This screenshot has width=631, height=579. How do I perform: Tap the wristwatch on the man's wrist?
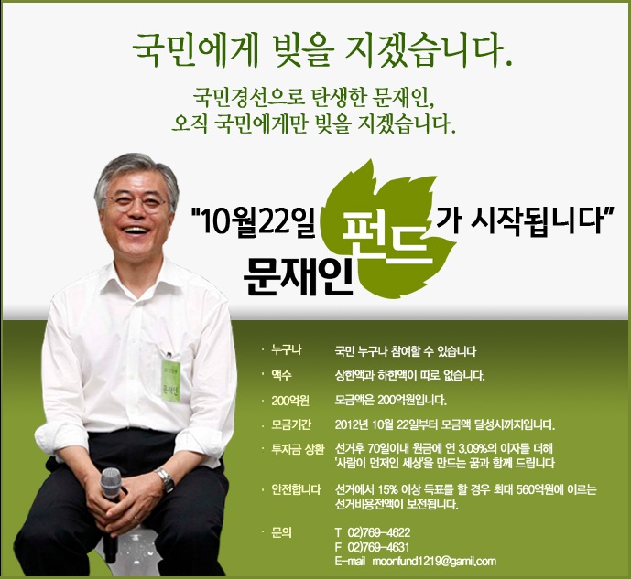pyautogui.click(x=166, y=479)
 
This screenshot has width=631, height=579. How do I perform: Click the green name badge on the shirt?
pyautogui.click(x=170, y=381)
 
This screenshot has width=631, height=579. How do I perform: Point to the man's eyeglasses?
pyautogui.click(x=136, y=202)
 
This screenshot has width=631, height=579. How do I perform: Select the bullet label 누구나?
pyautogui.click(x=286, y=350)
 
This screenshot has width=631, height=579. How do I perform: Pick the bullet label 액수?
pyautogui.click(x=281, y=375)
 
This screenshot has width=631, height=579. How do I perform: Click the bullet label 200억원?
pyautogui.click(x=290, y=401)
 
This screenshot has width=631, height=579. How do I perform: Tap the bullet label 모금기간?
pyautogui.click(x=291, y=424)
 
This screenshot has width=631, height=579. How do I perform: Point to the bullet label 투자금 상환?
pyautogui.click(x=298, y=449)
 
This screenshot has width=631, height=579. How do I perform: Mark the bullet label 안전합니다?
pyautogui.click(x=296, y=489)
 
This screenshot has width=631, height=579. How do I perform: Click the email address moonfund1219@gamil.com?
pyautogui.click(x=434, y=561)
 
